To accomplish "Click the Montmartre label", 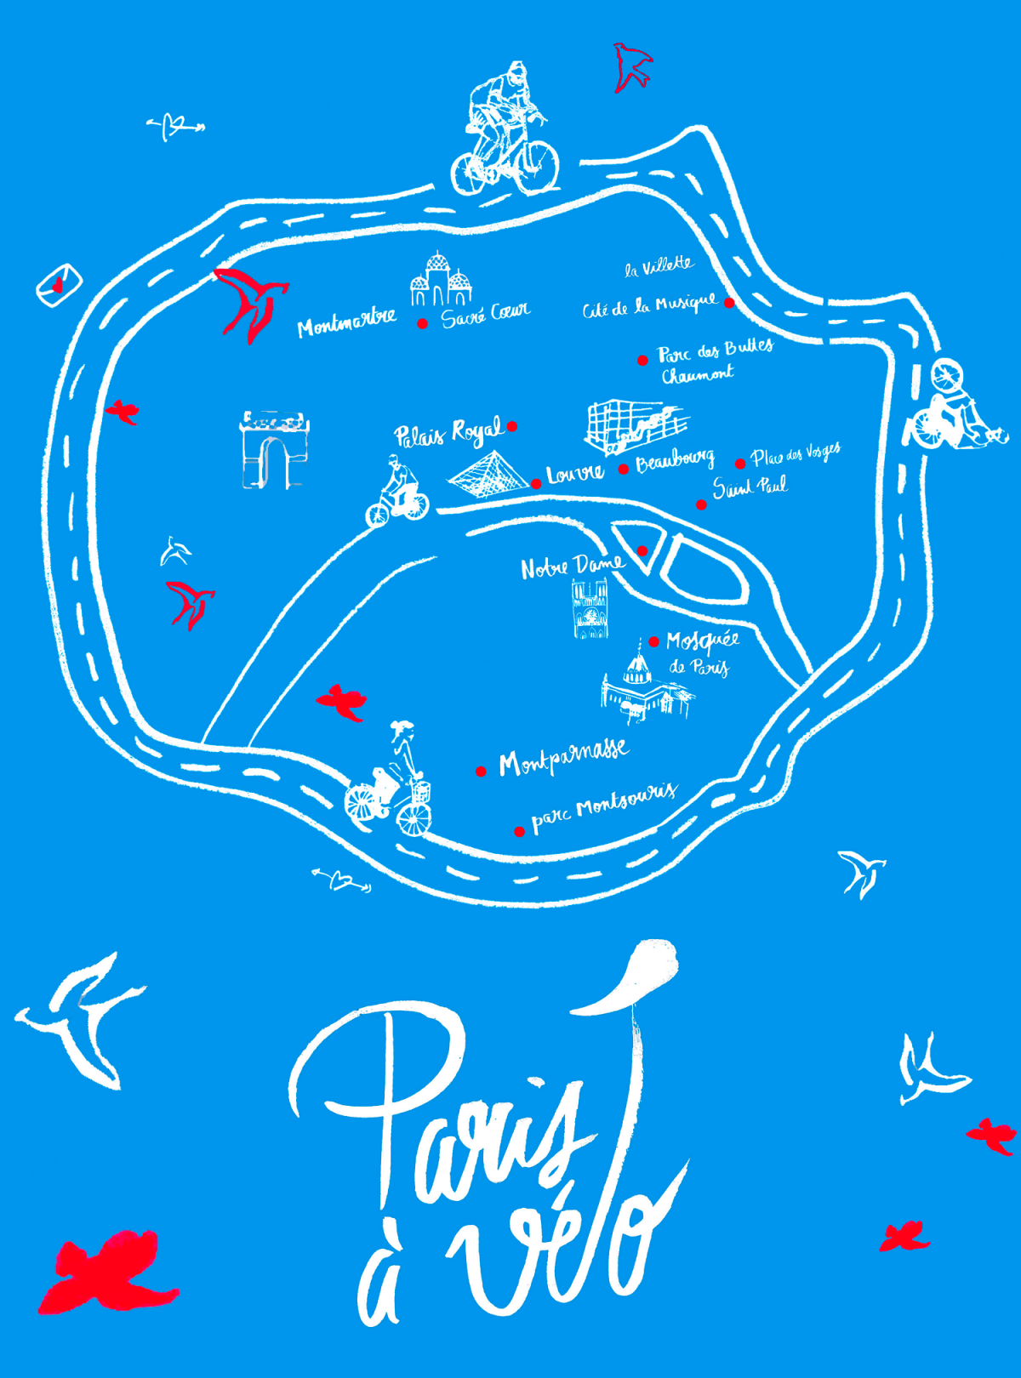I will coord(346,322).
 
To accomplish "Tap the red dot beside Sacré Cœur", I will coord(422,323).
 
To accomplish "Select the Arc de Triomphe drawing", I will coord(273,449).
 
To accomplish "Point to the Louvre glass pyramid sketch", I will coord(488,475).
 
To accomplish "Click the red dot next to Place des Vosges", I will coord(740,464).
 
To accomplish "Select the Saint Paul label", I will coord(750,487).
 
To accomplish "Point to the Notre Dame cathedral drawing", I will coord(590,607).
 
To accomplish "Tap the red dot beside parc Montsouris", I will coord(519,831).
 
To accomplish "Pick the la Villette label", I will coord(659,266).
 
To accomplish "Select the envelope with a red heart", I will coord(59,284).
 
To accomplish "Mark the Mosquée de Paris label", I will coord(701,651).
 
